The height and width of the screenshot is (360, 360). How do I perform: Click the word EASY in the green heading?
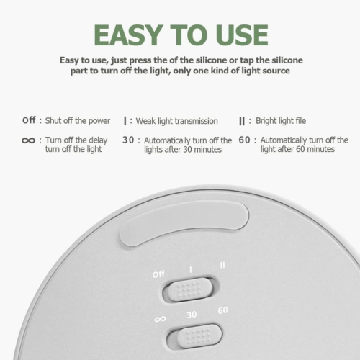pyautogui.click(x=128, y=35)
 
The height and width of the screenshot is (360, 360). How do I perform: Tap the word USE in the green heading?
pyautogui.click(x=242, y=35)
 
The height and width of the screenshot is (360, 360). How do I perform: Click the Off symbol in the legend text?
pyautogui.click(x=29, y=120)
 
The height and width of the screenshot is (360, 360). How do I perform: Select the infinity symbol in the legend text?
pyautogui.click(x=28, y=140)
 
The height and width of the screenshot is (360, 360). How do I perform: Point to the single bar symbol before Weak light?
pyautogui.click(x=125, y=121)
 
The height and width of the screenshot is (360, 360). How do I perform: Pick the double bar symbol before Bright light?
pyautogui.click(x=242, y=121)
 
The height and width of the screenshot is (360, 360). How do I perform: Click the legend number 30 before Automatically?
pyautogui.click(x=128, y=140)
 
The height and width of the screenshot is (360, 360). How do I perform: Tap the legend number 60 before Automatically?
pyautogui.click(x=244, y=140)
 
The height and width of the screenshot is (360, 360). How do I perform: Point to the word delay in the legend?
pyautogui.click(x=98, y=140)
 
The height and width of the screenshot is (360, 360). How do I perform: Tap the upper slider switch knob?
pyautogui.click(x=189, y=289)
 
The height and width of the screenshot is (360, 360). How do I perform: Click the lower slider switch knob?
pyautogui.click(x=200, y=336)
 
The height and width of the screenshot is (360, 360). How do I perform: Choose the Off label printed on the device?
pyautogui.click(x=158, y=274)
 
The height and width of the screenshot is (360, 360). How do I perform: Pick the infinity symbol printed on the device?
pyautogui.click(x=160, y=319)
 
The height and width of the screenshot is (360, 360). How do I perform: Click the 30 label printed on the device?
pyautogui.click(x=192, y=315)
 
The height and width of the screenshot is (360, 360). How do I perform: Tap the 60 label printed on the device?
pyautogui.click(x=222, y=310)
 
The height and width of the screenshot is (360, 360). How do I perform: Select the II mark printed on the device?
pyautogui.click(x=222, y=265)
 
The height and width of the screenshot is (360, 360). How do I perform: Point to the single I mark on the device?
pyautogui.click(x=191, y=269)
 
